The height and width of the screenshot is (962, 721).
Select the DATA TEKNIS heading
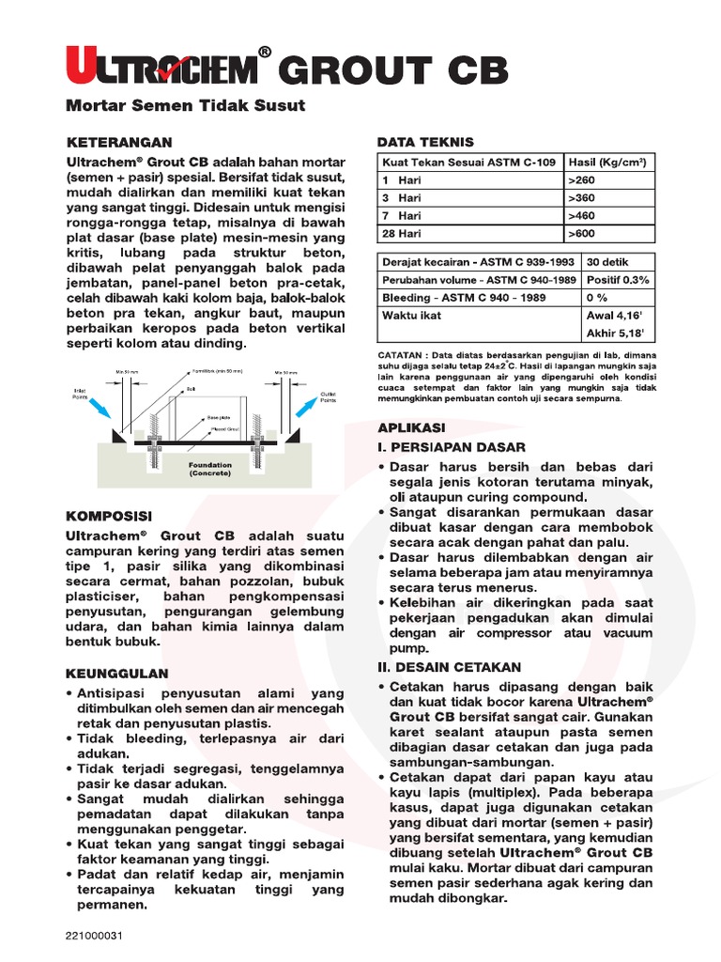425,142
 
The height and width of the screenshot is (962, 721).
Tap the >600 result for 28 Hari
583,233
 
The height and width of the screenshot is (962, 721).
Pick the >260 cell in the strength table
583,179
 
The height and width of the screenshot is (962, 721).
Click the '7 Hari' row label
402,215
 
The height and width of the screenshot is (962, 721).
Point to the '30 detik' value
607,262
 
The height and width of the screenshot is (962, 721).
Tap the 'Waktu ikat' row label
411,316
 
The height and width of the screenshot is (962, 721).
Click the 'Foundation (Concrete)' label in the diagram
210,469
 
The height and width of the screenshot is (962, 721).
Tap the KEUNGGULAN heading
116,673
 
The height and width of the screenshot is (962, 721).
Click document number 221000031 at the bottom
95,936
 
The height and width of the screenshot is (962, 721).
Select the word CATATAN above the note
401,355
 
